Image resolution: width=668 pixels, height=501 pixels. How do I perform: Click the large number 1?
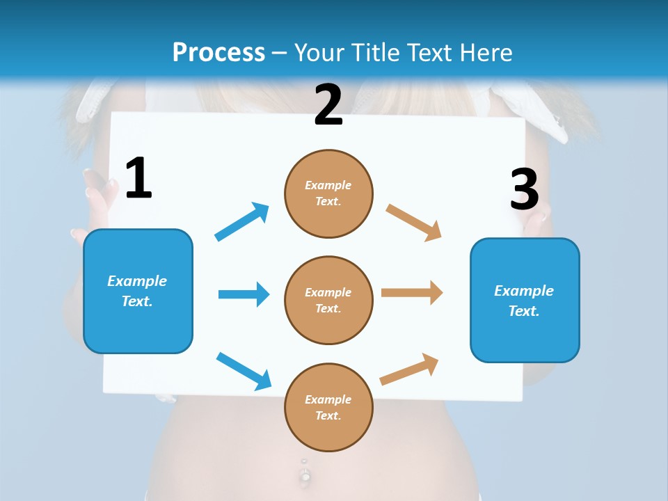[x=138, y=179]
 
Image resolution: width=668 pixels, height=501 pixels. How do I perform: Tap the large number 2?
[x=328, y=105]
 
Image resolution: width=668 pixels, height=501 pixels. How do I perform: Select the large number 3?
[x=524, y=189]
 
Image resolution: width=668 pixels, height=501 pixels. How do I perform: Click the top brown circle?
[x=328, y=193]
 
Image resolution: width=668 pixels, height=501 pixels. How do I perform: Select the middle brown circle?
[x=328, y=300]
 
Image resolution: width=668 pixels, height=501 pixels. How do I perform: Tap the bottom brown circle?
[x=328, y=407]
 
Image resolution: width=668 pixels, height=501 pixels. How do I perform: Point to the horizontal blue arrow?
[x=244, y=294]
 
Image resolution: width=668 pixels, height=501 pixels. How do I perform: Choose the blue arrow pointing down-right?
[x=244, y=371]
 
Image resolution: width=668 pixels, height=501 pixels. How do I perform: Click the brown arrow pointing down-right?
[x=414, y=223]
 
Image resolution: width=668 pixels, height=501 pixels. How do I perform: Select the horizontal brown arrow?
[x=412, y=293]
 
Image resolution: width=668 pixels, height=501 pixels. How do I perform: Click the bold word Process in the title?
[x=218, y=52]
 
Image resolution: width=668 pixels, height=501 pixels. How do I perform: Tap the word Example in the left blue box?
[x=137, y=281]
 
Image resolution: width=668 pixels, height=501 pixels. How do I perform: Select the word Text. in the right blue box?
[x=524, y=311]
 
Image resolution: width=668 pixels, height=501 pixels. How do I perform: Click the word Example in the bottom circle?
[x=328, y=399]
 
